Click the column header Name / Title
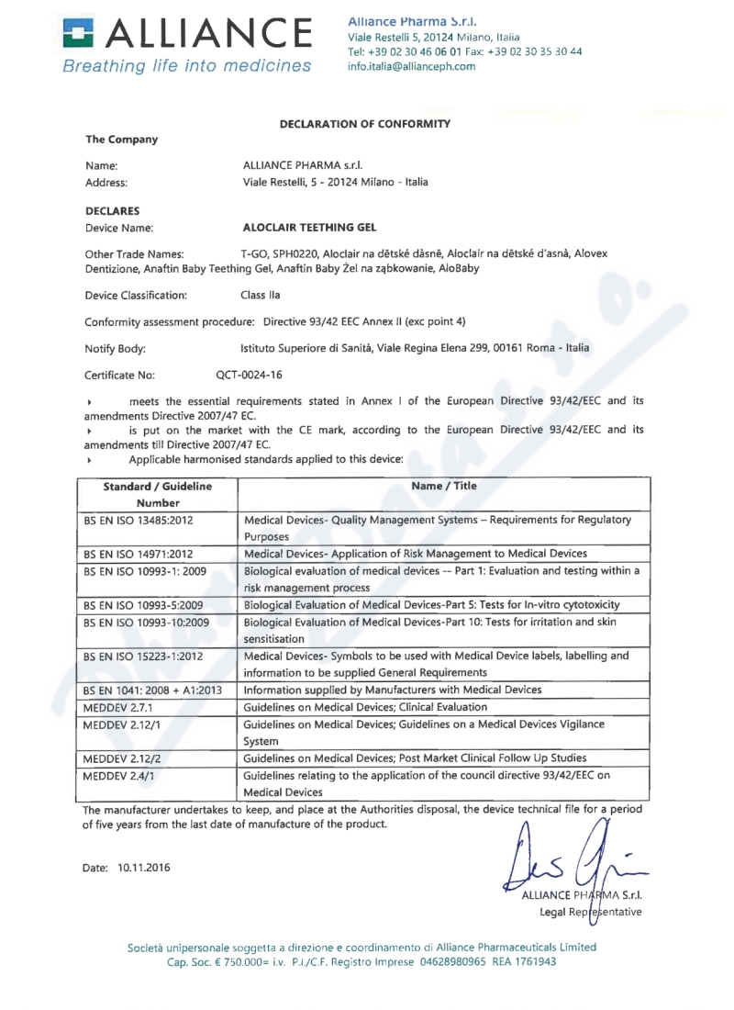(445, 486)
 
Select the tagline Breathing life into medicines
(188, 66)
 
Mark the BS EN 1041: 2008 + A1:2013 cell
(152, 690)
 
